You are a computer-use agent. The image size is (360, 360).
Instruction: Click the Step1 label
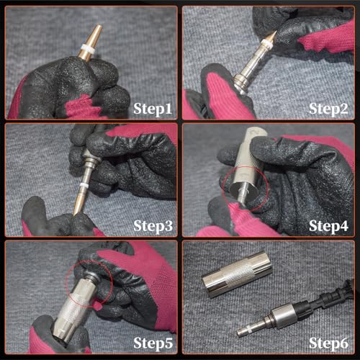tap(153, 109)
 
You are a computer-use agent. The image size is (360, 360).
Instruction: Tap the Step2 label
tap(328, 109)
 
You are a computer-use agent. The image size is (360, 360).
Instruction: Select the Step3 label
tap(153, 226)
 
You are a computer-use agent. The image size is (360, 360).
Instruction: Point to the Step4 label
tap(328, 226)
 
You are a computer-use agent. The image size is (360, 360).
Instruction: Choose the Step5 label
tap(153, 343)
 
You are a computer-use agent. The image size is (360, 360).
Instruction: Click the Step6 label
tap(328, 343)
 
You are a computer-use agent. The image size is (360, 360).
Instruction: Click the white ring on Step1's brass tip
tap(87, 48)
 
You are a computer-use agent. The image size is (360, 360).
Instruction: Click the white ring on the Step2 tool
tap(265, 43)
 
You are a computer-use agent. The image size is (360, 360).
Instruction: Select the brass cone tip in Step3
tap(78, 202)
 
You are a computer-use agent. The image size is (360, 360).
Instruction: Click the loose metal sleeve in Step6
tap(237, 274)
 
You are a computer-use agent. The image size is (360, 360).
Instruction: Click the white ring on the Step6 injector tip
tap(249, 330)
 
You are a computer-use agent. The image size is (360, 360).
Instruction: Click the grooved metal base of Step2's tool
tap(240, 82)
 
